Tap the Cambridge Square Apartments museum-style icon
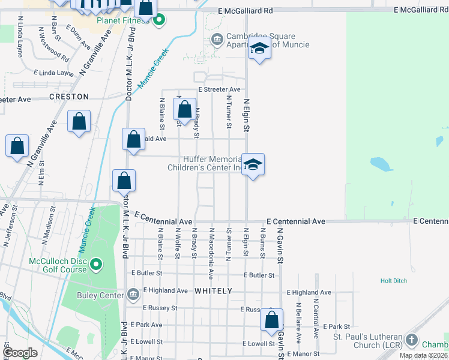pos(217,41)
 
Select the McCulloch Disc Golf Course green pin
pos(96,264)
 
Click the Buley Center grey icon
pos(133,295)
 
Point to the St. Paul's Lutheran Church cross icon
pos(411,340)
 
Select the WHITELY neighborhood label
pos(213,291)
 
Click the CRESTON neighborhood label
pos(69,97)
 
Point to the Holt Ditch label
pos(394,280)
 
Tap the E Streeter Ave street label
pos(220,89)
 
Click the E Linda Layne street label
pos(54,73)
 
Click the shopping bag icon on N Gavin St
pos(272,319)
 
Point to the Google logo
pos(20,353)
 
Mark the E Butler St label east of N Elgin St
pos(259,275)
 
